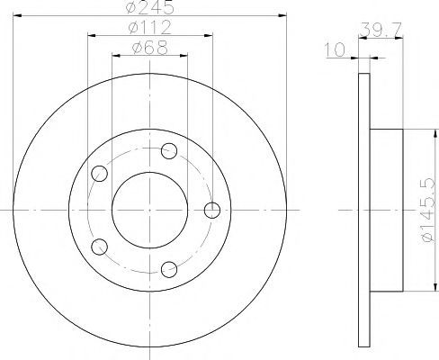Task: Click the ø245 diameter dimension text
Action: (x=150, y=7)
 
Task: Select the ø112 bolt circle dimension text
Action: (x=149, y=28)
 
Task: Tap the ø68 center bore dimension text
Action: (x=149, y=48)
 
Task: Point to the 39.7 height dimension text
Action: (x=381, y=30)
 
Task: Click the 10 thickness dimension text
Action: (x=335, y=49)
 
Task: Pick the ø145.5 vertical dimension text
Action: (x=428, y=210)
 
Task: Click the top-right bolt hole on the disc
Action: (x=169, y=151)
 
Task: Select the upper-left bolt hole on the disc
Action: (x=99, y=174)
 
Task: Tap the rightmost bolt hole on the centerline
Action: (x=212, y=210)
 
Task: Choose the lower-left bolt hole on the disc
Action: (x=99, y=247)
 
